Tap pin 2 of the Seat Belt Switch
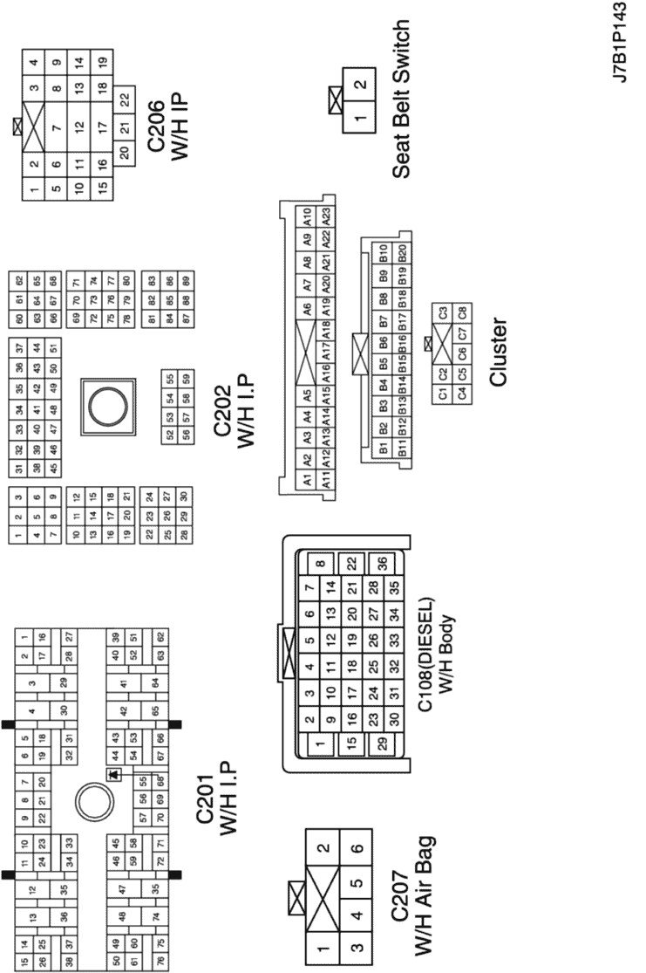pos(359,86)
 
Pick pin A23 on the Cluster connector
pos(327,214)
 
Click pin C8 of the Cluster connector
pos(463,312)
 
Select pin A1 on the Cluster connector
pos(307,481)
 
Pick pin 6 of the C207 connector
pos(357,848)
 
